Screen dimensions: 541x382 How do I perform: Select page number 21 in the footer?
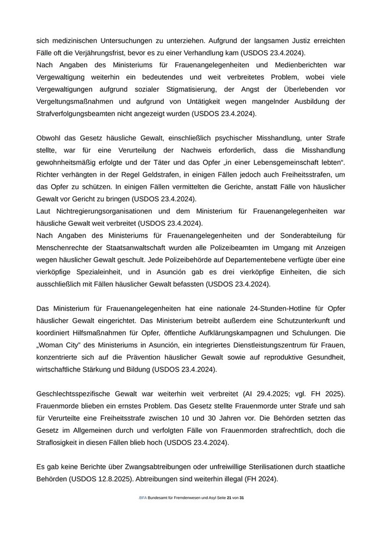229,498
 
